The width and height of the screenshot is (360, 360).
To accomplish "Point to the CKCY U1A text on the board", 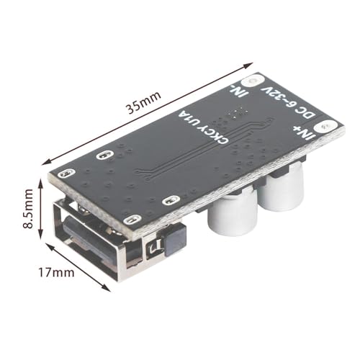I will coord(197,130).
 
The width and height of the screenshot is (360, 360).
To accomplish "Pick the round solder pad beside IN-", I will coord(251,81).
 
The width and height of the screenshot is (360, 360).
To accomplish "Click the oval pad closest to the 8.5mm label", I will coord(67,174).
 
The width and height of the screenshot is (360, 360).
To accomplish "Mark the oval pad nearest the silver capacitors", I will coord(170,201).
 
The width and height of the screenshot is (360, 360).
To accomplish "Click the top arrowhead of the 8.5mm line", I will coord(42,176).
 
